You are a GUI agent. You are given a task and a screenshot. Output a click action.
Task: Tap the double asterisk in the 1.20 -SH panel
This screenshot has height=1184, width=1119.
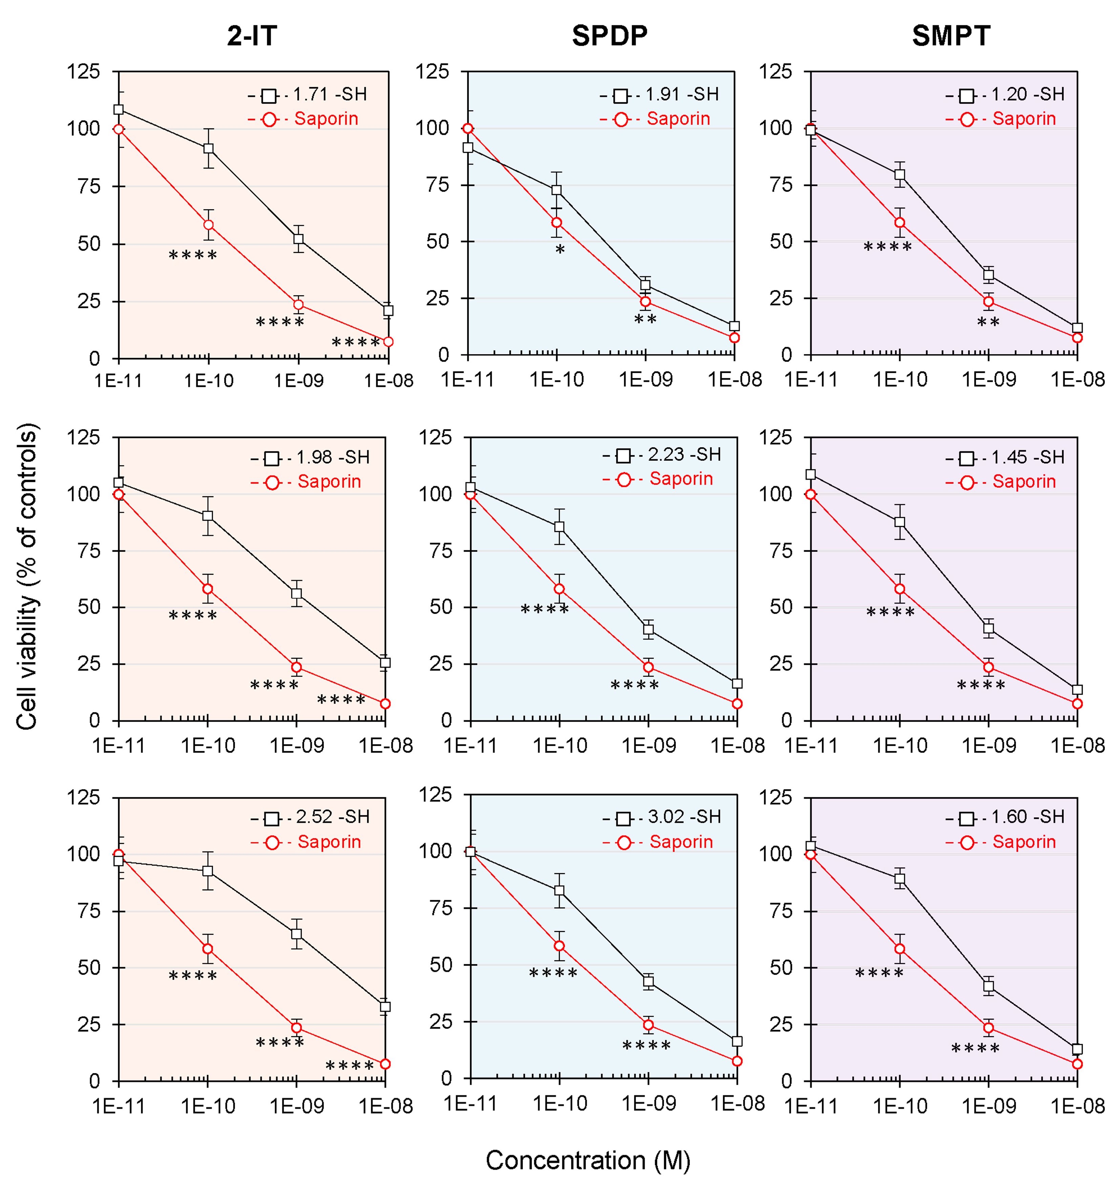coord(988,324)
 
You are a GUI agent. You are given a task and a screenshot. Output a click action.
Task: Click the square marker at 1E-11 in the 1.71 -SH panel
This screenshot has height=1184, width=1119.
coord(119,110)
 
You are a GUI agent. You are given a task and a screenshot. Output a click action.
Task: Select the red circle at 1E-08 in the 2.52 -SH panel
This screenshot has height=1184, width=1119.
coord(385,1064)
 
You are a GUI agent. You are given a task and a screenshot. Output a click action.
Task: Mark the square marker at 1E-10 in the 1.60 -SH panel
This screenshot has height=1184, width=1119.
coord(900,879)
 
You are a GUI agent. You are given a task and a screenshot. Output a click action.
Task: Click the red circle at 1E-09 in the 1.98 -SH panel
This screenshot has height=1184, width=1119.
coord(296,668)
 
